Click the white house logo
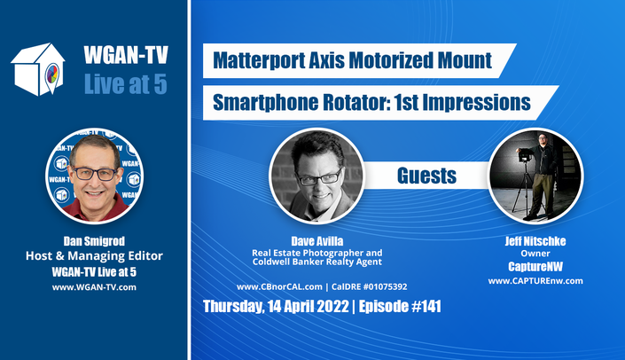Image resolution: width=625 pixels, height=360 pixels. (38, 69)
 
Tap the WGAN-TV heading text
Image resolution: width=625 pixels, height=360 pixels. (126, 55)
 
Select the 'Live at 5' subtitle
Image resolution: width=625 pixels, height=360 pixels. (126, 84)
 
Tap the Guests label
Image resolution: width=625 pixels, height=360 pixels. (426, 176)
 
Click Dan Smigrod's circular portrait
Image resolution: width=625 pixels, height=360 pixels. (95, 176)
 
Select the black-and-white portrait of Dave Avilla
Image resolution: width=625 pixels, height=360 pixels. (316, 176)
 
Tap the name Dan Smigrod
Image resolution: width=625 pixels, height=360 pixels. (94, 241)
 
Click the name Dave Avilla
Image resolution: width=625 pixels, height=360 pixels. (316, 241)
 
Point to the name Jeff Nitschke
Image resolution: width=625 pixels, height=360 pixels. (535, 241)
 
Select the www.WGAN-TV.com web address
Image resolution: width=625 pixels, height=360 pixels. (94, 287)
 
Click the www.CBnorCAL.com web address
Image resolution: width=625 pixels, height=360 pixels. (279, 286)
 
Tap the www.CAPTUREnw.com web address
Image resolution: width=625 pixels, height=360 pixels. (535, 281)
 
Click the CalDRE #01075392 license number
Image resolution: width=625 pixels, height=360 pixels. (369, 286)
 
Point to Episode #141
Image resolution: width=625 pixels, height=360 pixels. (400, 307)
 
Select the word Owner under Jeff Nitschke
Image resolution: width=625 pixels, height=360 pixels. (535, 254)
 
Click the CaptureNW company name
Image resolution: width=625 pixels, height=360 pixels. (535, 267)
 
